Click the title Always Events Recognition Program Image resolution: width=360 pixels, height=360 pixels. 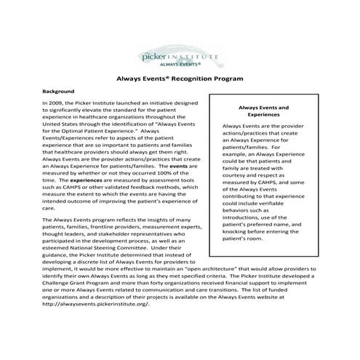180,77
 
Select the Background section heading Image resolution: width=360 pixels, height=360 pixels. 59,92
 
